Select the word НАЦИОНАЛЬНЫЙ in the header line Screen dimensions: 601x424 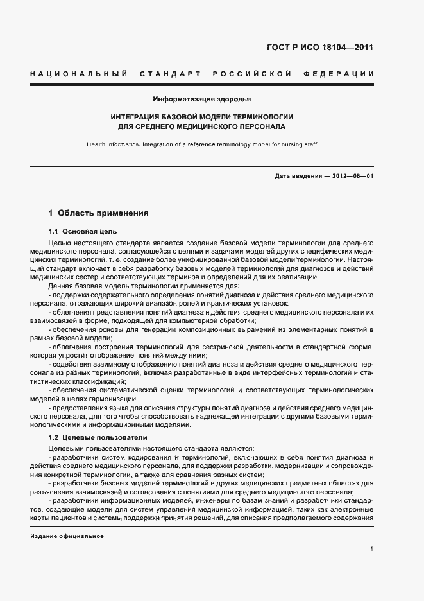point(78,74)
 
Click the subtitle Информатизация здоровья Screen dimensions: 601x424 point(201,100)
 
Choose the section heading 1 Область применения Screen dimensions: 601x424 point(99,213)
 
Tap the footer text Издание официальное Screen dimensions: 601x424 point(67,536)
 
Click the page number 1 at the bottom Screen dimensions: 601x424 point(371,549)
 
